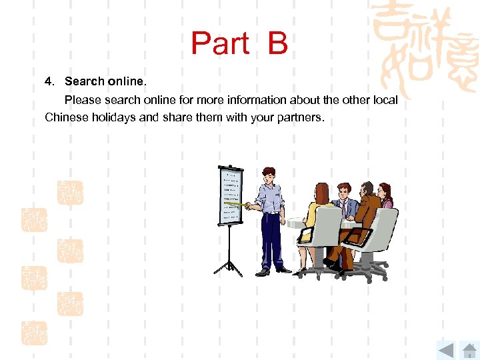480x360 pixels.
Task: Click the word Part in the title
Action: point(220,44)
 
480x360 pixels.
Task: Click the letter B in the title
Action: point(277,44)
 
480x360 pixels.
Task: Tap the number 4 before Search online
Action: point(48,81)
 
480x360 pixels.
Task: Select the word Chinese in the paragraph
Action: point(64,117)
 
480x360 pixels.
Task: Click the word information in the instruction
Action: point(260,100)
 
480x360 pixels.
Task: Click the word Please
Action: point(81,100)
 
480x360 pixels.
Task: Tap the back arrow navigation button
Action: point(445,349)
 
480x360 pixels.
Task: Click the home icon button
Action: point(469,349)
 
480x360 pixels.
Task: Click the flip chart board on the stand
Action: point(229,193)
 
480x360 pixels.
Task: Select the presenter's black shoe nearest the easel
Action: point(263,271)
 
